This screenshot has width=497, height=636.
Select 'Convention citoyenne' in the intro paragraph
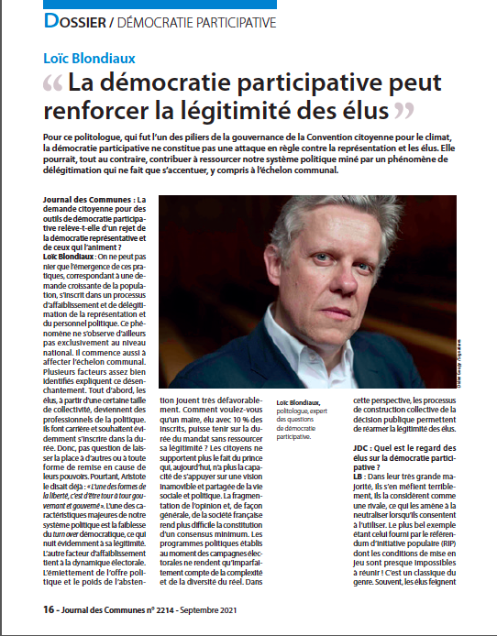pyautogui.click(x=348, y=136)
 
